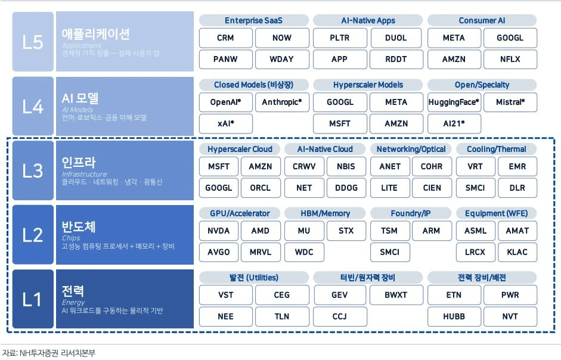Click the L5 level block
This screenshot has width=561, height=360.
coord(33,42)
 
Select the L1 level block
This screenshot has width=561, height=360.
coord(33,299)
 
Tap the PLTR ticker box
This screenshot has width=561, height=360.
coord(340,38)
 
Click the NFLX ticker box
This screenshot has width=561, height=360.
coord(510,59)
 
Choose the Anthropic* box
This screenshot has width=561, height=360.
coord(282,103)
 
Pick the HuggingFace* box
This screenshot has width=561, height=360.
coord(454,103)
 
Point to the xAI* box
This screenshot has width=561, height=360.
coord(226,124)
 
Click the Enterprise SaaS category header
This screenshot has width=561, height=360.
coord(253,20)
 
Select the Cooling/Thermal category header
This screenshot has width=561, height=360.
coord(497,149)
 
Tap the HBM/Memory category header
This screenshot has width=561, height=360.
coord(326,213)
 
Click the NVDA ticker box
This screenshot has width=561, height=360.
coord(219,231)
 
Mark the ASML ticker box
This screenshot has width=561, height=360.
coord(476,231)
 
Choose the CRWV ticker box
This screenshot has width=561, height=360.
coord(304,167)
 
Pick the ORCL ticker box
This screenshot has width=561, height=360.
coord(261,188)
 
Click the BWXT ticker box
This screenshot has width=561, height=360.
coord(396,295)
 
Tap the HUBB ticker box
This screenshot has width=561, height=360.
coord(454,316)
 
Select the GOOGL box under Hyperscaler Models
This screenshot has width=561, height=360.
coord(340,103)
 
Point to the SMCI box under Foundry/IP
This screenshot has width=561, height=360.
coord(390,252)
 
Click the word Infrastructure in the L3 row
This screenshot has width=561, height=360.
coord(85,174)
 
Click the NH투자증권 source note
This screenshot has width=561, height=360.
coord(49,353)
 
